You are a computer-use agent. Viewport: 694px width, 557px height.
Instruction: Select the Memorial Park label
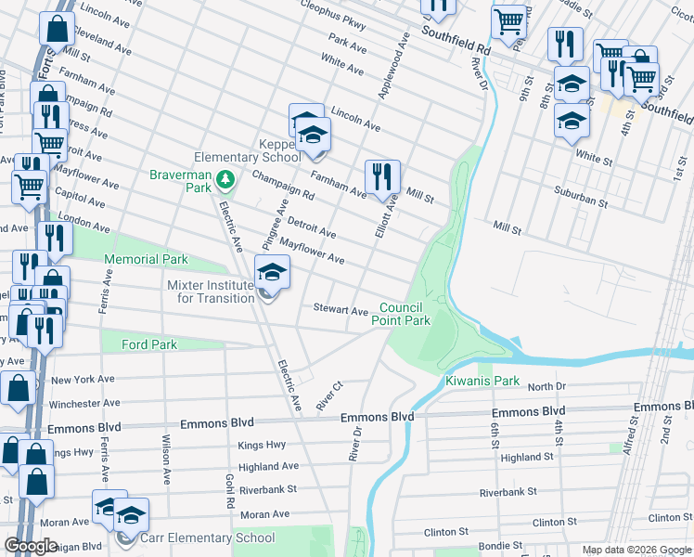(146, 260)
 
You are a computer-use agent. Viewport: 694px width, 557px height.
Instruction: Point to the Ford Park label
(149, 344)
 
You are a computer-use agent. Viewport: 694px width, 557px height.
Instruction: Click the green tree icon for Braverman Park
(223, 177)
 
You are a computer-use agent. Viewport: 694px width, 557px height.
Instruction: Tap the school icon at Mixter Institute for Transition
(271, 273)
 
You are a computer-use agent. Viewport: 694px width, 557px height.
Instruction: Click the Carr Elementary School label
(208, 538)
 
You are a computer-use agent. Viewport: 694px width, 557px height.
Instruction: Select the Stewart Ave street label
(340, 309)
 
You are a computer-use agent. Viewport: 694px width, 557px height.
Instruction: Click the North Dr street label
(546, 386)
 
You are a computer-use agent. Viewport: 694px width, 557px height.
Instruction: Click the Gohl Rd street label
(228, 488)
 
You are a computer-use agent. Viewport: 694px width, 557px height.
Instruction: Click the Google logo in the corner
(31, 546)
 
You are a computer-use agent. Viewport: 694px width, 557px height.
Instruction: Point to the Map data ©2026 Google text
(636, 550)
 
